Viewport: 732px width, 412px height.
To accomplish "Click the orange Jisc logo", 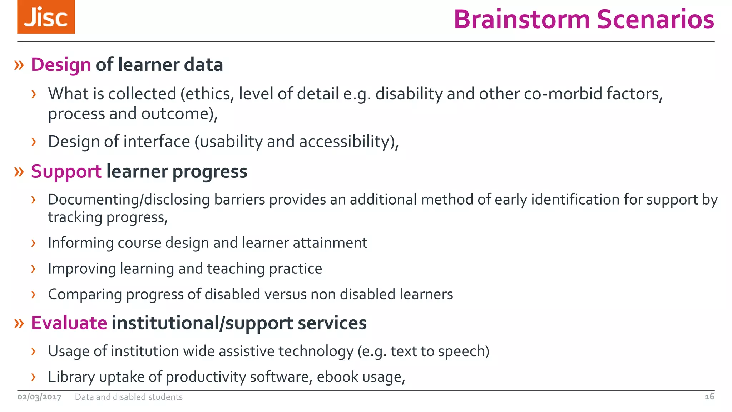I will pyautogui.click(x=46, y=17).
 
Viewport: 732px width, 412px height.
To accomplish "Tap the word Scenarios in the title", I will pyautogui.click(x=656, y=19).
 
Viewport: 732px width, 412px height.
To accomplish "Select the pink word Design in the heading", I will pyautogui.click(x=61, y=65).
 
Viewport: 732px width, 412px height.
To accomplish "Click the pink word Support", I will pyautogui.click(x=66, y=172).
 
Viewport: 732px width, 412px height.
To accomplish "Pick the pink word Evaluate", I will pyautogui.click(x=69, y=323).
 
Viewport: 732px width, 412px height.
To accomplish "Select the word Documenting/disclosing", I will pyautogui.click(x=129, y=200).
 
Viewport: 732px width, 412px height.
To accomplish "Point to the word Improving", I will pyautogui.click(x=82, y=269).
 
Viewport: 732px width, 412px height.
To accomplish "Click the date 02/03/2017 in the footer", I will pyautogui.click(x=39, y=397).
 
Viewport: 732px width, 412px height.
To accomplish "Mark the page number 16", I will pyautogui.click(x=709, y=397).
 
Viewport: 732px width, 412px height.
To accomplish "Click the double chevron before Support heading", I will pyautogui.click(x=19, y=172).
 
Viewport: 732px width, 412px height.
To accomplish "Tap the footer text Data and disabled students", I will pyautogui.click(x=129, y=397).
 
